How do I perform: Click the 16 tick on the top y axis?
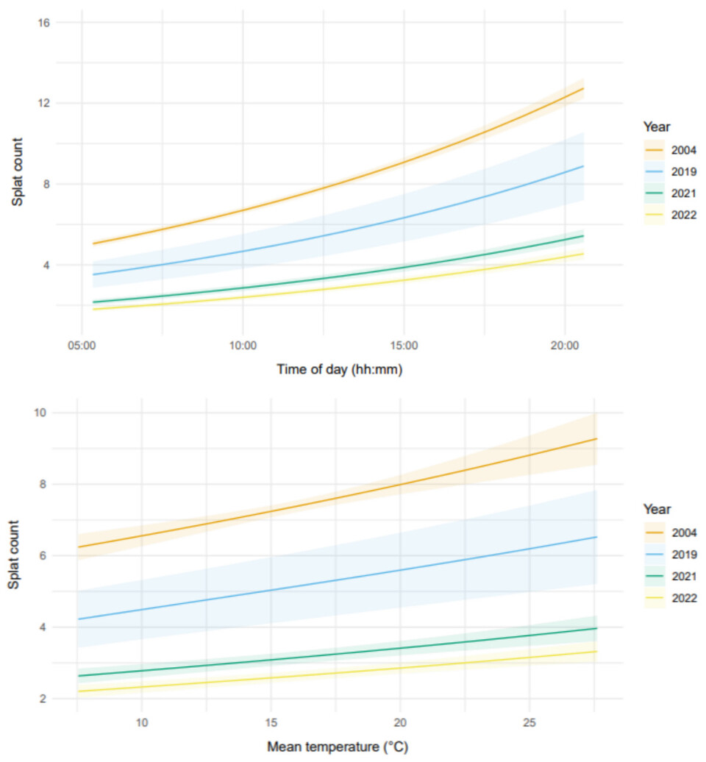(43, 22)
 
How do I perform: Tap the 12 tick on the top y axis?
(43, 103)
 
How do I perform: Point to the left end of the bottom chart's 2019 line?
(77, 619)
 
